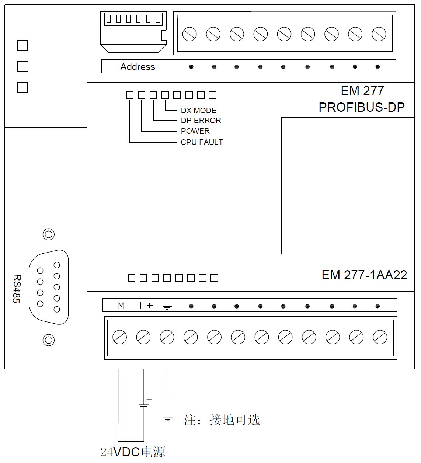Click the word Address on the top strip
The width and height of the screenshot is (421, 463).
(x=138, y=67)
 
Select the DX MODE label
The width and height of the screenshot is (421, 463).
(x=198, y=110)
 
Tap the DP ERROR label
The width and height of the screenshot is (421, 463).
(x=201, y=120)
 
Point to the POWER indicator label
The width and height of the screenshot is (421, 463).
(x=195, y=131)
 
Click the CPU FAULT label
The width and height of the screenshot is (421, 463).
(x=202, y=142)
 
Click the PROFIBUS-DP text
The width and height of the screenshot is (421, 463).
(x=362, y=107)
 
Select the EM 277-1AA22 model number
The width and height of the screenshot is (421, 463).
(x=364, y=275)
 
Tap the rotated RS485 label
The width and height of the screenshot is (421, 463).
(x=17, y=289)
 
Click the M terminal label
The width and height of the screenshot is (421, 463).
(x=121, y=306)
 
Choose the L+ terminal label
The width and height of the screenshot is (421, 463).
(x=146, y=306)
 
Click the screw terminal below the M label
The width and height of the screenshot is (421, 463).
(x=119, y=337)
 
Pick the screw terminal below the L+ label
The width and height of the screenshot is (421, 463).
(x=143, y=337)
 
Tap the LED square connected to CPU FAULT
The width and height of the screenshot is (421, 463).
(x=130, y=95)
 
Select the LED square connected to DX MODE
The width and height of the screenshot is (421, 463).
(x=165, y=95)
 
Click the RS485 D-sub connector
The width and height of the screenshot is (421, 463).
(x=49, y=287)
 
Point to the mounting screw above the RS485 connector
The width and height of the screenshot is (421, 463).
(x=49, y=234)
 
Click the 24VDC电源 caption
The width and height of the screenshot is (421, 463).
(x=133, y=452)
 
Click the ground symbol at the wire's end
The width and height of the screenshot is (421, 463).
(x=168, y=419)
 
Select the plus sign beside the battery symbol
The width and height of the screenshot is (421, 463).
(x=149, y=399)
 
